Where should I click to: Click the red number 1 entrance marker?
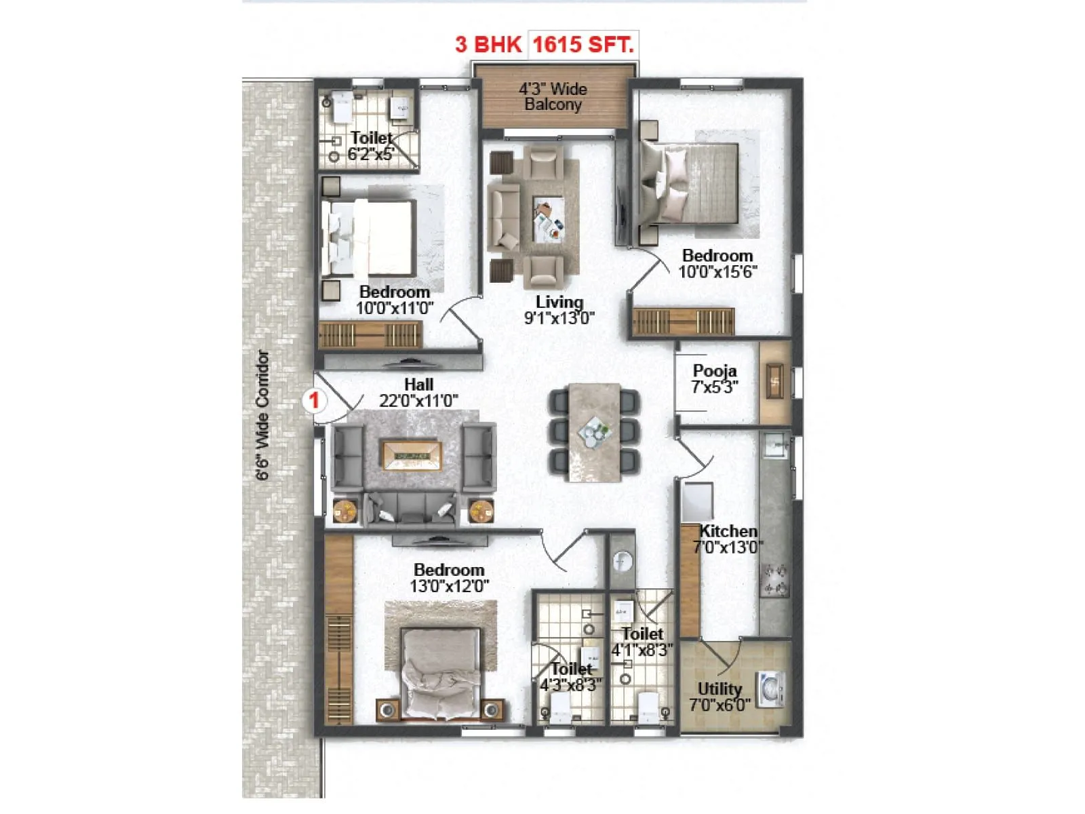coord(314,400)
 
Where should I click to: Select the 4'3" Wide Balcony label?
coord(553,96)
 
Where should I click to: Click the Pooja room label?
coord(715,379)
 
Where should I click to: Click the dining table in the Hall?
coord(594,432)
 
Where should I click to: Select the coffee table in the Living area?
coord(549,219)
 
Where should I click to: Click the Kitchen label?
coord(728,539)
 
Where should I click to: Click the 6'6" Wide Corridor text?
coord(262,415)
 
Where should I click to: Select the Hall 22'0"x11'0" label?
coord(418,393)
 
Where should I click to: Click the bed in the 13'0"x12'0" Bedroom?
coord(441,672)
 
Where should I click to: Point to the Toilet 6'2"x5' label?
coord(370,146)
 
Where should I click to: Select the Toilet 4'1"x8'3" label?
coord(642,642)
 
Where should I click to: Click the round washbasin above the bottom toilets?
coord(622,561)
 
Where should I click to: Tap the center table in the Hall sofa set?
coord(412,455)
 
